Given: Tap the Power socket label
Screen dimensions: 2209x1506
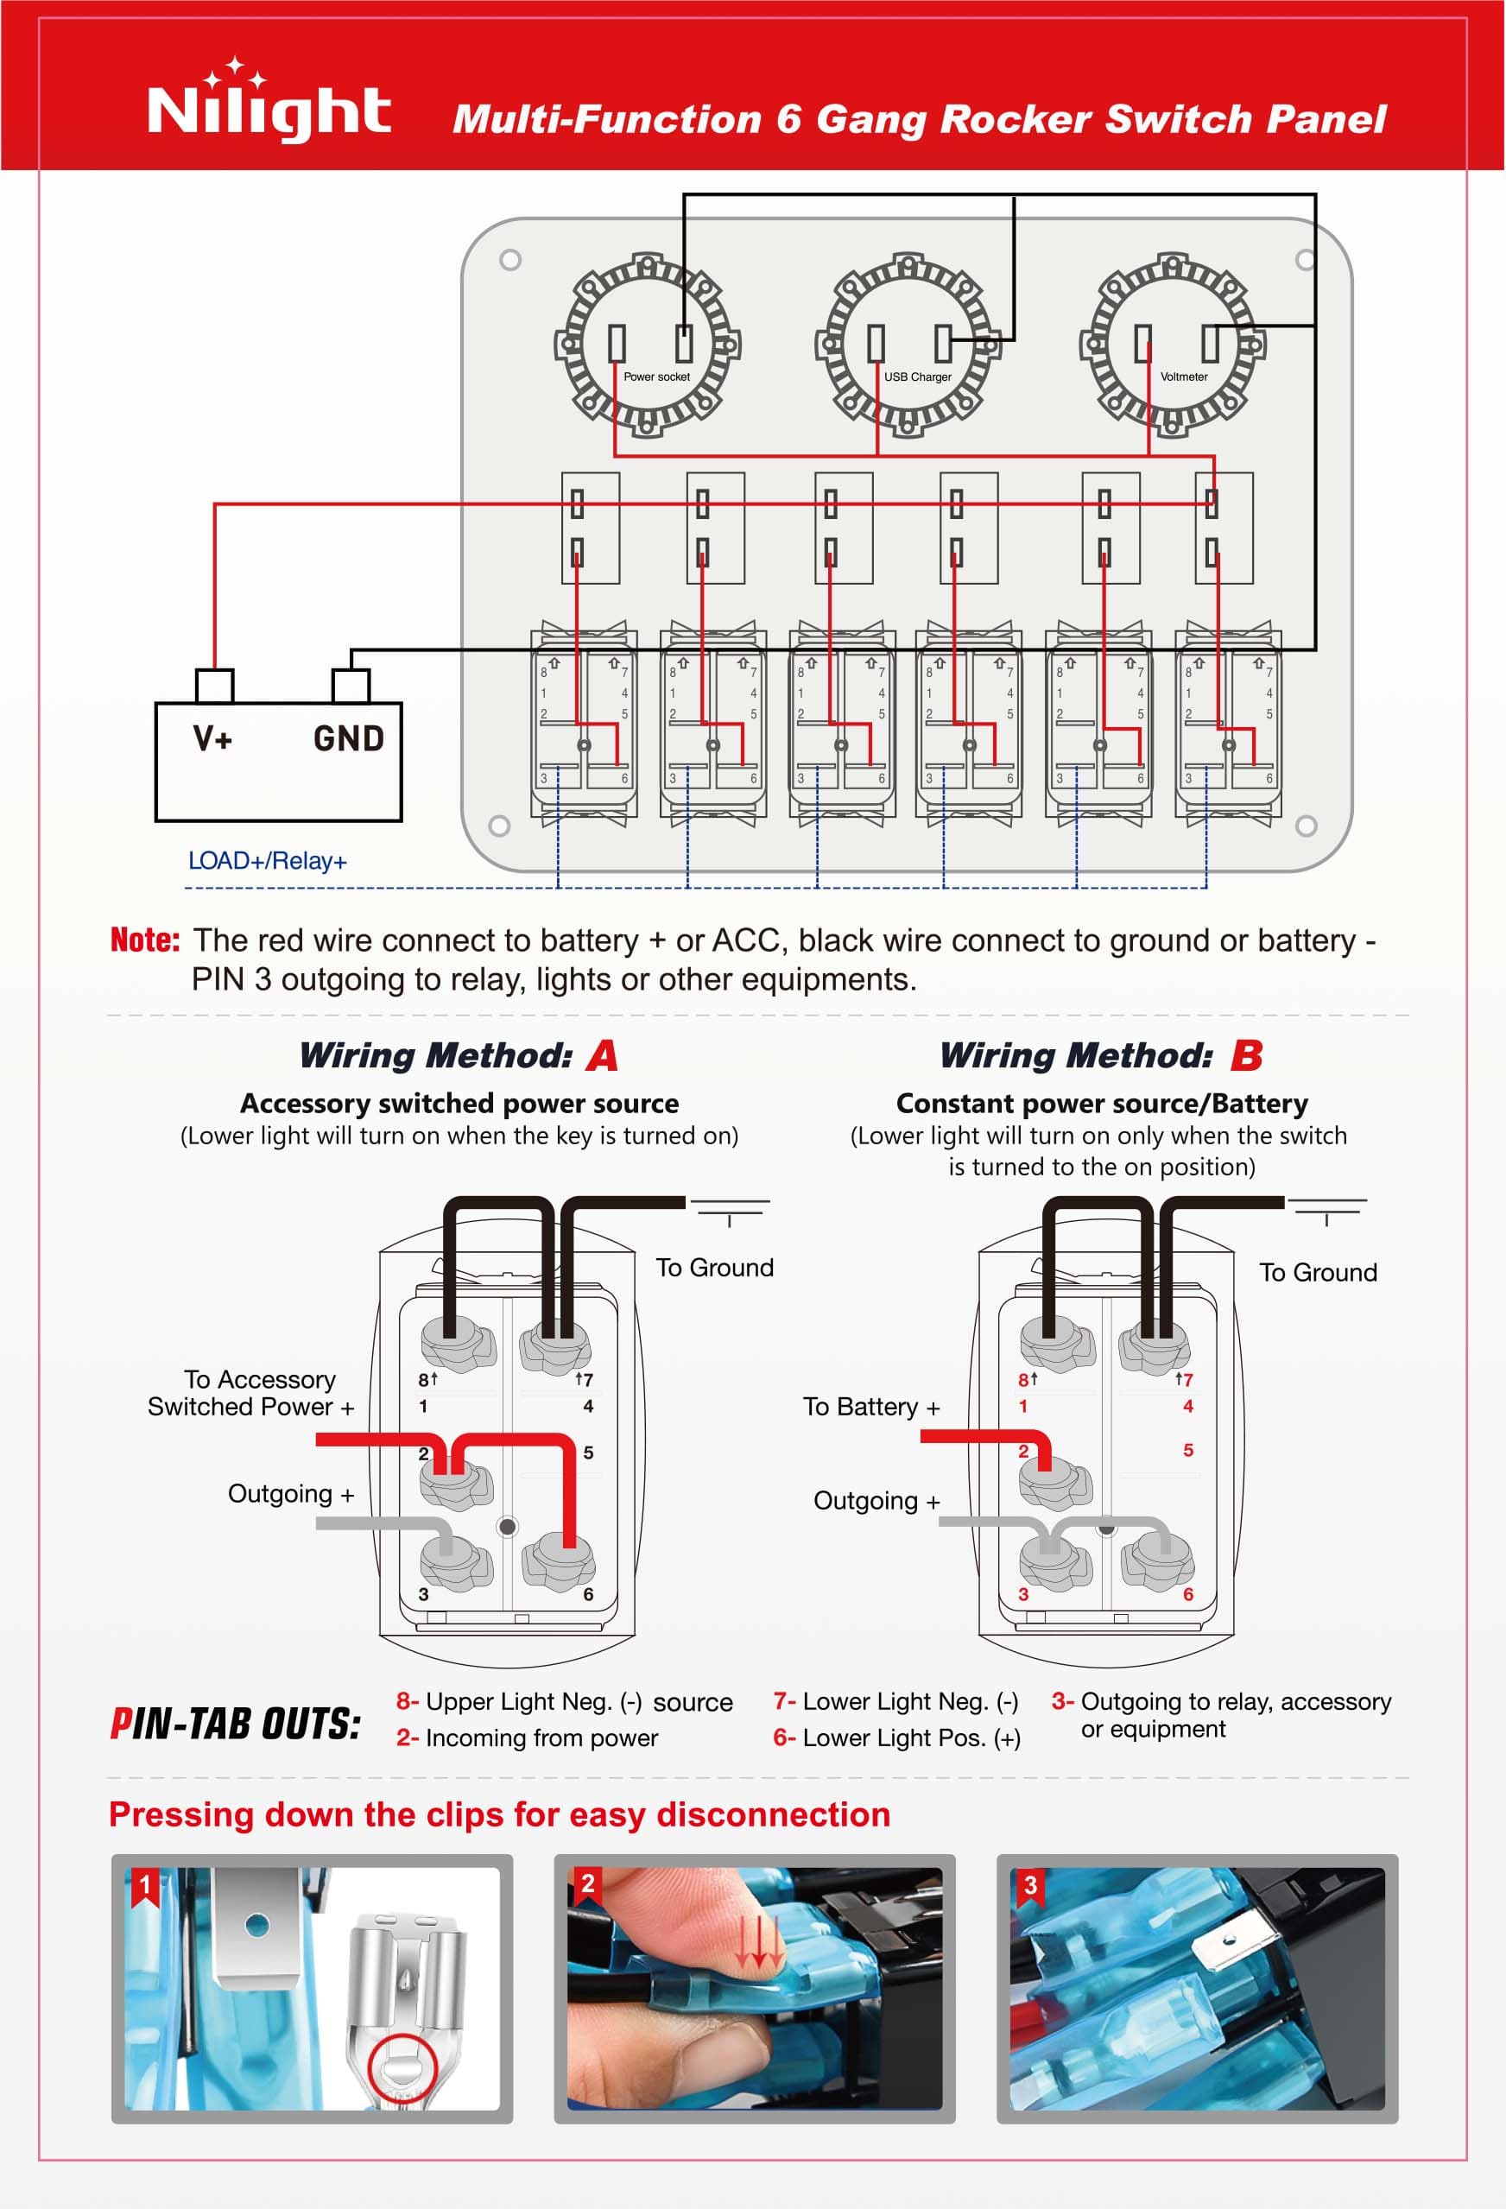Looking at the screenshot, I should click(656, 377).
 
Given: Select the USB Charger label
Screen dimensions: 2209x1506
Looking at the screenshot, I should click(917, 377).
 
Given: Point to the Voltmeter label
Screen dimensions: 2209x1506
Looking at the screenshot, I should click(1184, 377).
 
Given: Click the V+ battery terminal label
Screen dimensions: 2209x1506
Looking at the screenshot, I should click(213, 737).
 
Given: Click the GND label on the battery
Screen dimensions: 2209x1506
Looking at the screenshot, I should click(348, 737).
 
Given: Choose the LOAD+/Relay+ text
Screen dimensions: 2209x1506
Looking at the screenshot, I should click(267, 860).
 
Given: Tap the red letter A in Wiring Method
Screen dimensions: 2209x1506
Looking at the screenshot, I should click(603, 1055).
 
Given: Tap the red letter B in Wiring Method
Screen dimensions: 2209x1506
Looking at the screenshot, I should click(1246, 1055).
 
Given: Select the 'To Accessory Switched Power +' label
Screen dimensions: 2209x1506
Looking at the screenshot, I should click(251, 1393).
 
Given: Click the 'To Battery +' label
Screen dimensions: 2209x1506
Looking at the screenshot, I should click(871, 1406).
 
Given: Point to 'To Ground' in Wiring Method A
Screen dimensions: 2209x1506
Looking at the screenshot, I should click(714, 1267).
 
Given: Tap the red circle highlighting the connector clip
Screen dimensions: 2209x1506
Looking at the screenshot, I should click(403, 2066).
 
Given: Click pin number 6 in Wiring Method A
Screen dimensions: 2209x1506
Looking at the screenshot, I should click(587, 1594).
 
